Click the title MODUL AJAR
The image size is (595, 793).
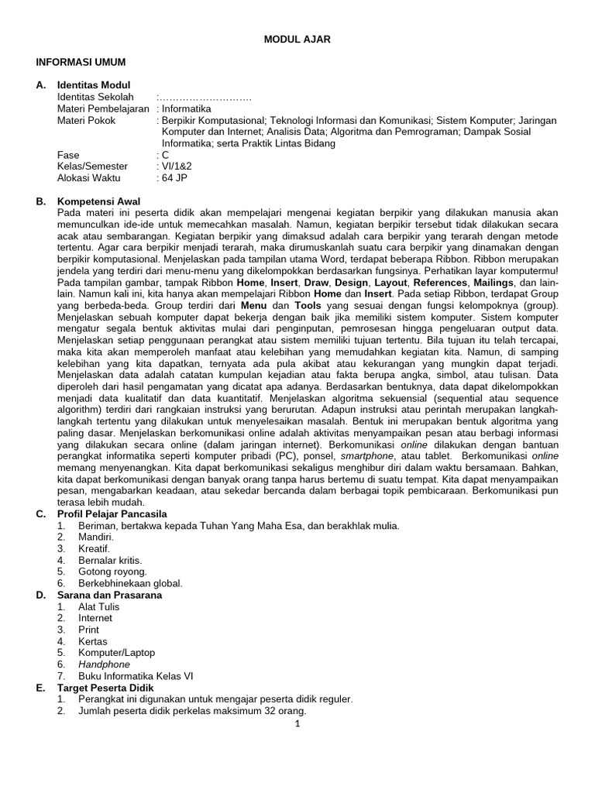pyautogui.click(x=297, y=39)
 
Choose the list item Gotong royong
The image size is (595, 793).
pyautogui.click(x=112, y=572)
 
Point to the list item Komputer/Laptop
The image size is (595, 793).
pyautogui.click(x=116, y=653)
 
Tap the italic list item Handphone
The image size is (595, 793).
pyautogui.click(x=104, y=664)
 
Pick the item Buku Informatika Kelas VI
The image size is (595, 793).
pyautogui.click(x=136, y=676)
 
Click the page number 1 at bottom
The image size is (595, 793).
pyautogui.click(x=297, y=724)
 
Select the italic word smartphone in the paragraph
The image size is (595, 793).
pyautogui.click(x=368, y=457)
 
